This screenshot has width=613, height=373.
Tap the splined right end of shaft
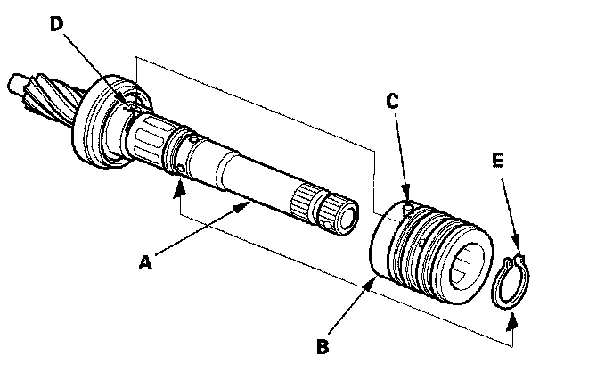pos(334,211)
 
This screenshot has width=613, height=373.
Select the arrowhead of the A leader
pos(247,206)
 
